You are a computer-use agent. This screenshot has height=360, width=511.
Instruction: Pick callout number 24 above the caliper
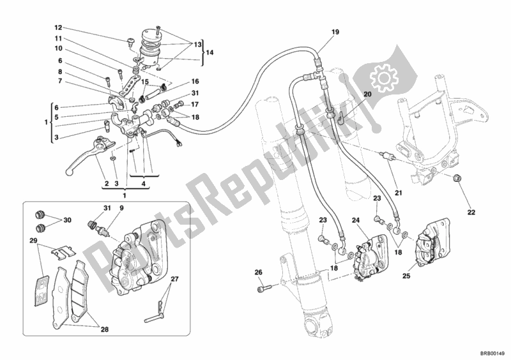point(355,221)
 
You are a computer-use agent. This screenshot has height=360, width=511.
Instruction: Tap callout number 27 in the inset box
point(174,278)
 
